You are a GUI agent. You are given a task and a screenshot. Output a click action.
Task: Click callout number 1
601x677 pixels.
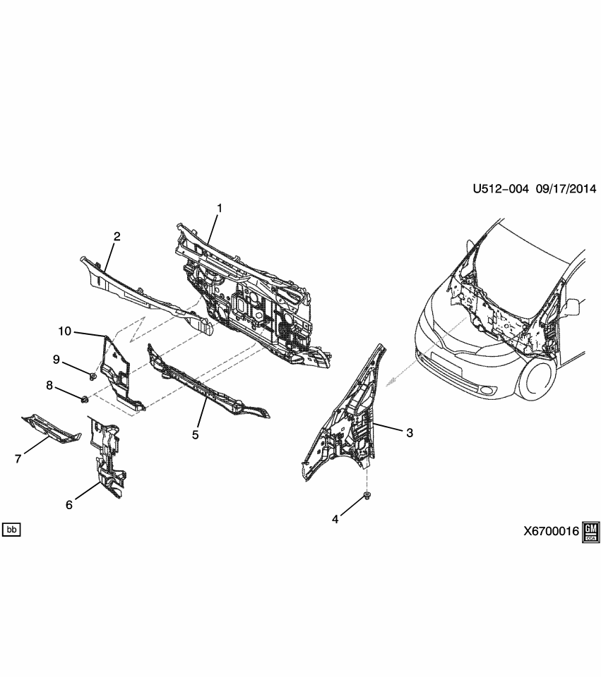coord(220,208)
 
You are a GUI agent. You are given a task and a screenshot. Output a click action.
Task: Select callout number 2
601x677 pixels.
coord(117,236)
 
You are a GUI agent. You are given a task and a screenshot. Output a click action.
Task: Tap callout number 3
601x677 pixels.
coord(409,432)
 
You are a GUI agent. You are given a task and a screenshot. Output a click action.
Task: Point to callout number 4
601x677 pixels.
coord(335,520)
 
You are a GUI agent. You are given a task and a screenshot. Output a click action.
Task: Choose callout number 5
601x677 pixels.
coord(196,434)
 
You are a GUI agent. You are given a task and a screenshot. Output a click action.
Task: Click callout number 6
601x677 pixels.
coord(69,504)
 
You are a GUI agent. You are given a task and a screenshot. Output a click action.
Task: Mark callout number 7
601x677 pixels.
coord(18,459)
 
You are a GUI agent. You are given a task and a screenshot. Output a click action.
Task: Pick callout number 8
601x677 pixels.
coord(50,385)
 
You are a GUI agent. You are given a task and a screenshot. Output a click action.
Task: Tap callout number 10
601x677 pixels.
coord(65,330)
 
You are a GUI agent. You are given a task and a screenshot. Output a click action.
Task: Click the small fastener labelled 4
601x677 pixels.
coord(367,496)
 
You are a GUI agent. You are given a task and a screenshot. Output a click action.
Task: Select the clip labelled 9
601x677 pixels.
coord(92,372)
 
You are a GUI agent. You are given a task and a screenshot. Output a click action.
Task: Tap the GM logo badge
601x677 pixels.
coord(590,532)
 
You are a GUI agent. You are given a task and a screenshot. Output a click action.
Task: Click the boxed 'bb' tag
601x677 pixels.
coord(11,529)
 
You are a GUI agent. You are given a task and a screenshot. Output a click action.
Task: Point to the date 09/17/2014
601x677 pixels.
coord(566,189)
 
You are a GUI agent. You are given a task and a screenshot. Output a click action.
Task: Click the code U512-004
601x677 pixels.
coord(500,189)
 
